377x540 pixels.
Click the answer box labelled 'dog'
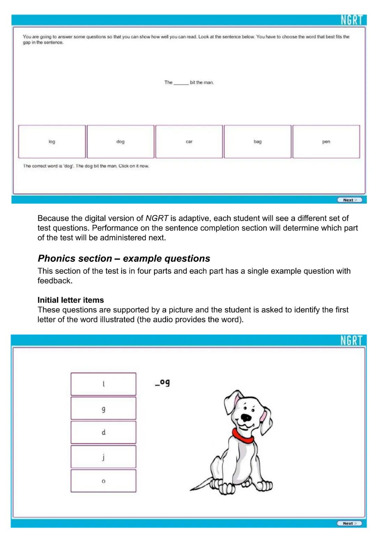pos(120,142)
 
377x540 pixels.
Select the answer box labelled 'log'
pos(52,142)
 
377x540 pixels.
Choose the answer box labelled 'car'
pos(189,142)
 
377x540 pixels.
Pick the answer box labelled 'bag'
pos(258,142)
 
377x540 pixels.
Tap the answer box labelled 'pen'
pos(326,142)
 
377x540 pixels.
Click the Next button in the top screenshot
pos(349,200)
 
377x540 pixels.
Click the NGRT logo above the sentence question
pos(352,20)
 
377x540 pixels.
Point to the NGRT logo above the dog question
pos(352,340)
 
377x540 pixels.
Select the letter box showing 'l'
pos(103,384)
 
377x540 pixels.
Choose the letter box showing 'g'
pos(103,408)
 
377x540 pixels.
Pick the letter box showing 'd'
pos(103,432)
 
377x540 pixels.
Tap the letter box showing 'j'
pos(103,457)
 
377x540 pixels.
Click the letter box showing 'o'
pos(103,481)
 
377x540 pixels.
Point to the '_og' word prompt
pos(162,383)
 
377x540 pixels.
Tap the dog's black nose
pos(246,417)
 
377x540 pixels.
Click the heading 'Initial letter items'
pos(71,300)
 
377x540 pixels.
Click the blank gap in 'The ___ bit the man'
pos(181,83)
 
